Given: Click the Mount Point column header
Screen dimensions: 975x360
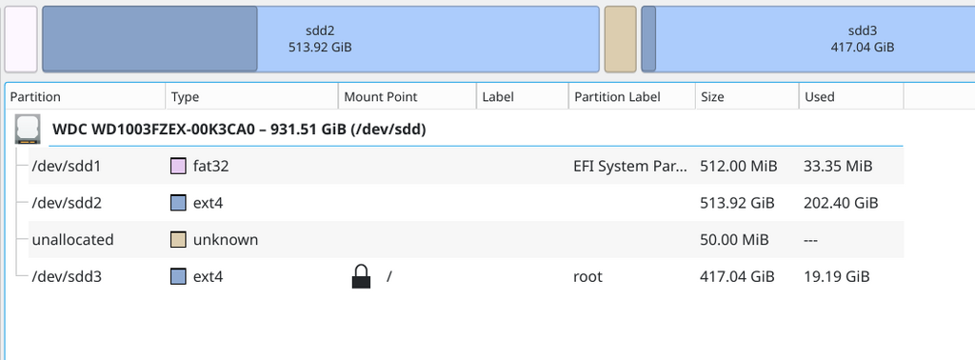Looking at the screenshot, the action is point(381,97).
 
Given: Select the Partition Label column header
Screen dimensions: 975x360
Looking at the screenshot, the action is point(617,97).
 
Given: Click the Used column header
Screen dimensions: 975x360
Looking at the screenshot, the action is point(820,97).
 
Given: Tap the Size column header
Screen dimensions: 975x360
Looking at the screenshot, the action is point(712,97).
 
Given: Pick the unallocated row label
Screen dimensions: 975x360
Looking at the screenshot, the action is point(72,239).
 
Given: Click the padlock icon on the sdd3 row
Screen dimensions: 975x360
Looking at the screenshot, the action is point(361,277).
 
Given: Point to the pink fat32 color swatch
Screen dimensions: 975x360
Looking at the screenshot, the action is point(178,166).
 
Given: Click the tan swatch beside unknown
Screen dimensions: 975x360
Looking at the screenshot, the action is point(178,239).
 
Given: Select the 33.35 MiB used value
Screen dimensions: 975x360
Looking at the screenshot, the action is point(838,166).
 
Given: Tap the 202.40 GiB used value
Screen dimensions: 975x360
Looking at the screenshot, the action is point(842,203).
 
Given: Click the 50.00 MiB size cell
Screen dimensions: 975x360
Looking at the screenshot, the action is point(734,239).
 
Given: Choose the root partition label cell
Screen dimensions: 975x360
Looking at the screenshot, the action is point(587,277).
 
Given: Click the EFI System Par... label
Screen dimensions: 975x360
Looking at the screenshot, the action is point(630,166).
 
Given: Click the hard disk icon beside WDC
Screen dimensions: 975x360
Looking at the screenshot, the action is point(28,130).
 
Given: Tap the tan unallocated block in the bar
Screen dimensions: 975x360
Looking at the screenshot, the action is point(621,39).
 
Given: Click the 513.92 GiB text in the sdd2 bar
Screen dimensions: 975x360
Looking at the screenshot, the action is point(320,47).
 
